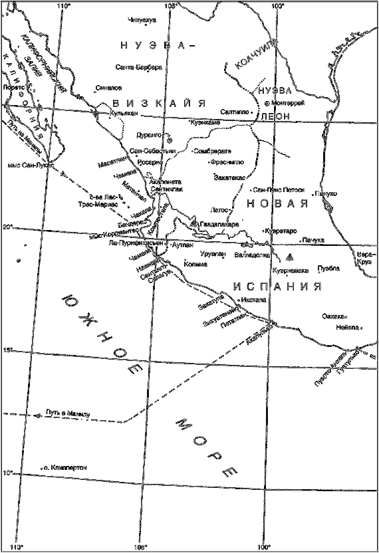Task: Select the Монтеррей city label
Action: click(287, 103)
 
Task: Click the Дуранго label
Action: click(153, 134)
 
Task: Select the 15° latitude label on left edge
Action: click(7, 350)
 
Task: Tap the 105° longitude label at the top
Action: click(171, 6)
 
